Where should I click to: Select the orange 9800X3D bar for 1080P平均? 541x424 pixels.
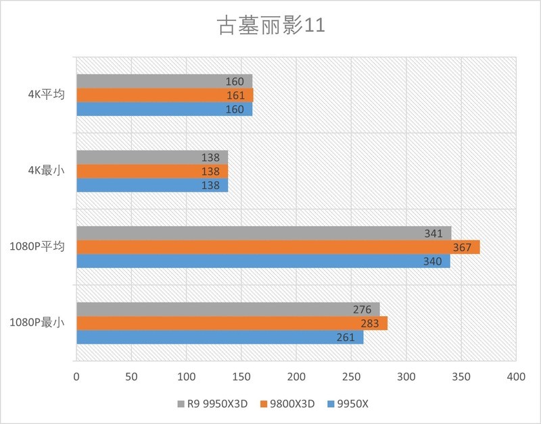(277, 247)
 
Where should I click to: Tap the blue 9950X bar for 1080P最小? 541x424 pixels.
(219, 338)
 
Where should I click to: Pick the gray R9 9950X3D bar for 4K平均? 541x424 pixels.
(164, 81)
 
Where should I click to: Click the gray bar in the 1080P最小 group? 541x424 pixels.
(227, 309)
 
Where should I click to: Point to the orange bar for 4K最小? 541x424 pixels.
(151, 171)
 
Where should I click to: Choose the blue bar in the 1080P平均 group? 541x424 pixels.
(262, 261)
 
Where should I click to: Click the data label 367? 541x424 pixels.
(462, 248)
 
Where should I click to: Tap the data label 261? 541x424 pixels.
(345, 338)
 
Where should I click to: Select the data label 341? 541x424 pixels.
(433, 234)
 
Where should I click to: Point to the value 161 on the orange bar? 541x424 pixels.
(235, 96)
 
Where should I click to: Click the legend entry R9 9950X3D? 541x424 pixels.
(213, 404)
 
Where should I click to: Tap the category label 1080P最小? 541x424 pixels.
(37, 323)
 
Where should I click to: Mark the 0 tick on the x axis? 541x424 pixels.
(76, 375)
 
